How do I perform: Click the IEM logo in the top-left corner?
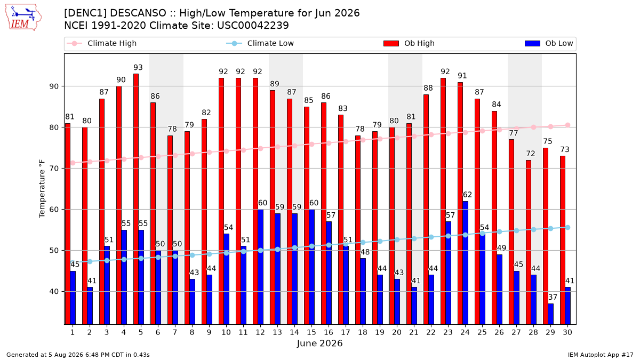coord(23,18)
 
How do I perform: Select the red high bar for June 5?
coord(136,199)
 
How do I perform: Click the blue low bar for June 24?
coord(466,263)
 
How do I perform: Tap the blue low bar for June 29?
coord(550,314)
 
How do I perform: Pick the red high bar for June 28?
coord(529,242)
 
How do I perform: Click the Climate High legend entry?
coord(102,43)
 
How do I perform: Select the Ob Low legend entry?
coord(549,43)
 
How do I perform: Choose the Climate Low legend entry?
coord(260,43)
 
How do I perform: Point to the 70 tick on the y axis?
coord(54,169)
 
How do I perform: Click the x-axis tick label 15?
coord(311,332)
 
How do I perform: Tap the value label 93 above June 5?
coord(138,67)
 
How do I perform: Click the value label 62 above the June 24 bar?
coord(467,195)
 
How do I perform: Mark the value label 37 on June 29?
coord(553,298)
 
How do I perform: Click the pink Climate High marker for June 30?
coord(567,125)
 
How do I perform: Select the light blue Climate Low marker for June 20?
coord(397,239)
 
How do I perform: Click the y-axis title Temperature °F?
coord(42,189)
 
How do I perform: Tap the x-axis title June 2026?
coord(319,343)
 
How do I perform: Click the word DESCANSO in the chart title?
coord(138,13)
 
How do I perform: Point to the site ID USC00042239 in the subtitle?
coord(253,26)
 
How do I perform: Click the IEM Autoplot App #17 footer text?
coord(601,355)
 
